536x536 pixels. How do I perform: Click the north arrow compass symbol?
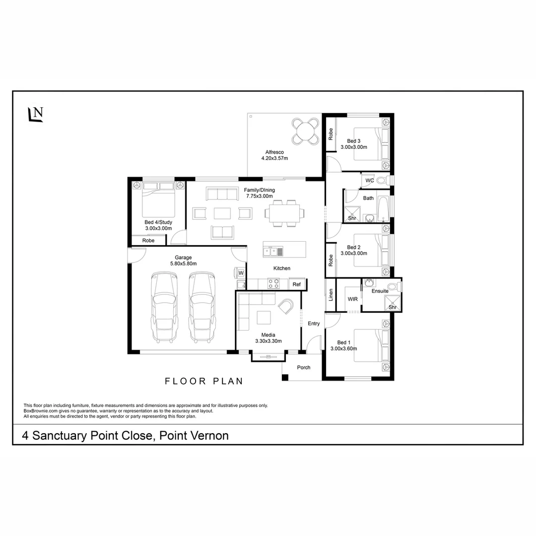coord(35,114)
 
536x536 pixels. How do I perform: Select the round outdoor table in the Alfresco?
coord(305,131)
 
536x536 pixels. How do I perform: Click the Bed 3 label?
coord(353,140)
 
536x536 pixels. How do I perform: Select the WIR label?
coord(352,299)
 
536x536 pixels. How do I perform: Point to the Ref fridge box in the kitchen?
coord(296,284)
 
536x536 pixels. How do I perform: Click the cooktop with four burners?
coord(274,284)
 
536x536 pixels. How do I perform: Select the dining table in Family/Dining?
coord(284,213)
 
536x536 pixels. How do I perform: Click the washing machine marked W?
coord(241,273)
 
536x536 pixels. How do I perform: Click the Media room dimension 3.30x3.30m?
coord(268,341)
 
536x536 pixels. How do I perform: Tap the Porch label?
coord(303,367)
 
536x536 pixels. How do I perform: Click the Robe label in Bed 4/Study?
coord(148,240)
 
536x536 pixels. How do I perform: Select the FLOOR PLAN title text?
coord(204,381)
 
